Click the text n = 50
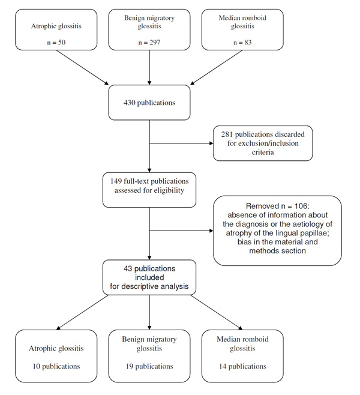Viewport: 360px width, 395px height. click(x=56, y=42)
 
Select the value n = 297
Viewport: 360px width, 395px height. click(x=149, y=42)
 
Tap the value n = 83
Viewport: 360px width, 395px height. click(x=242, y=42)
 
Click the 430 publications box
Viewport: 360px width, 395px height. click(x=149, y=103)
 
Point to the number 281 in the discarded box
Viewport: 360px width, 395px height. click(x=227, y=134)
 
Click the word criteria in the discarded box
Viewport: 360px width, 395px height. click(x=263, y=152)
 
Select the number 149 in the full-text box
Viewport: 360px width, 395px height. click(x=116, y=181)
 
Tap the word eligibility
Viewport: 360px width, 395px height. click(x=169, y=190)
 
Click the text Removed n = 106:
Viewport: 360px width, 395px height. click(x=278, y=206)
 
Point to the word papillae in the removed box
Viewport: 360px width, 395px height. click(x=315, y=233)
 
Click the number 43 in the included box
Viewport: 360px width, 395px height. click(x=128, y=268)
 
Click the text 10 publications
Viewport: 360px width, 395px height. click(x=56, y=366)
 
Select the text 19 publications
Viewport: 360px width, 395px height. click(x=149, y=366)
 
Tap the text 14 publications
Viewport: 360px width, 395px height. click(x=242, y=366)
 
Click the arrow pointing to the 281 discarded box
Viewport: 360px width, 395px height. click(x=181, y=143)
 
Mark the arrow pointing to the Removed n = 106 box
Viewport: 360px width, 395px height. click(x=181, y=231)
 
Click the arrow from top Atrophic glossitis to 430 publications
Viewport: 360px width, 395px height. click(x=82, y=67)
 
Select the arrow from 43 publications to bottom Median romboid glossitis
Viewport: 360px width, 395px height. click(x=216, y=312)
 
